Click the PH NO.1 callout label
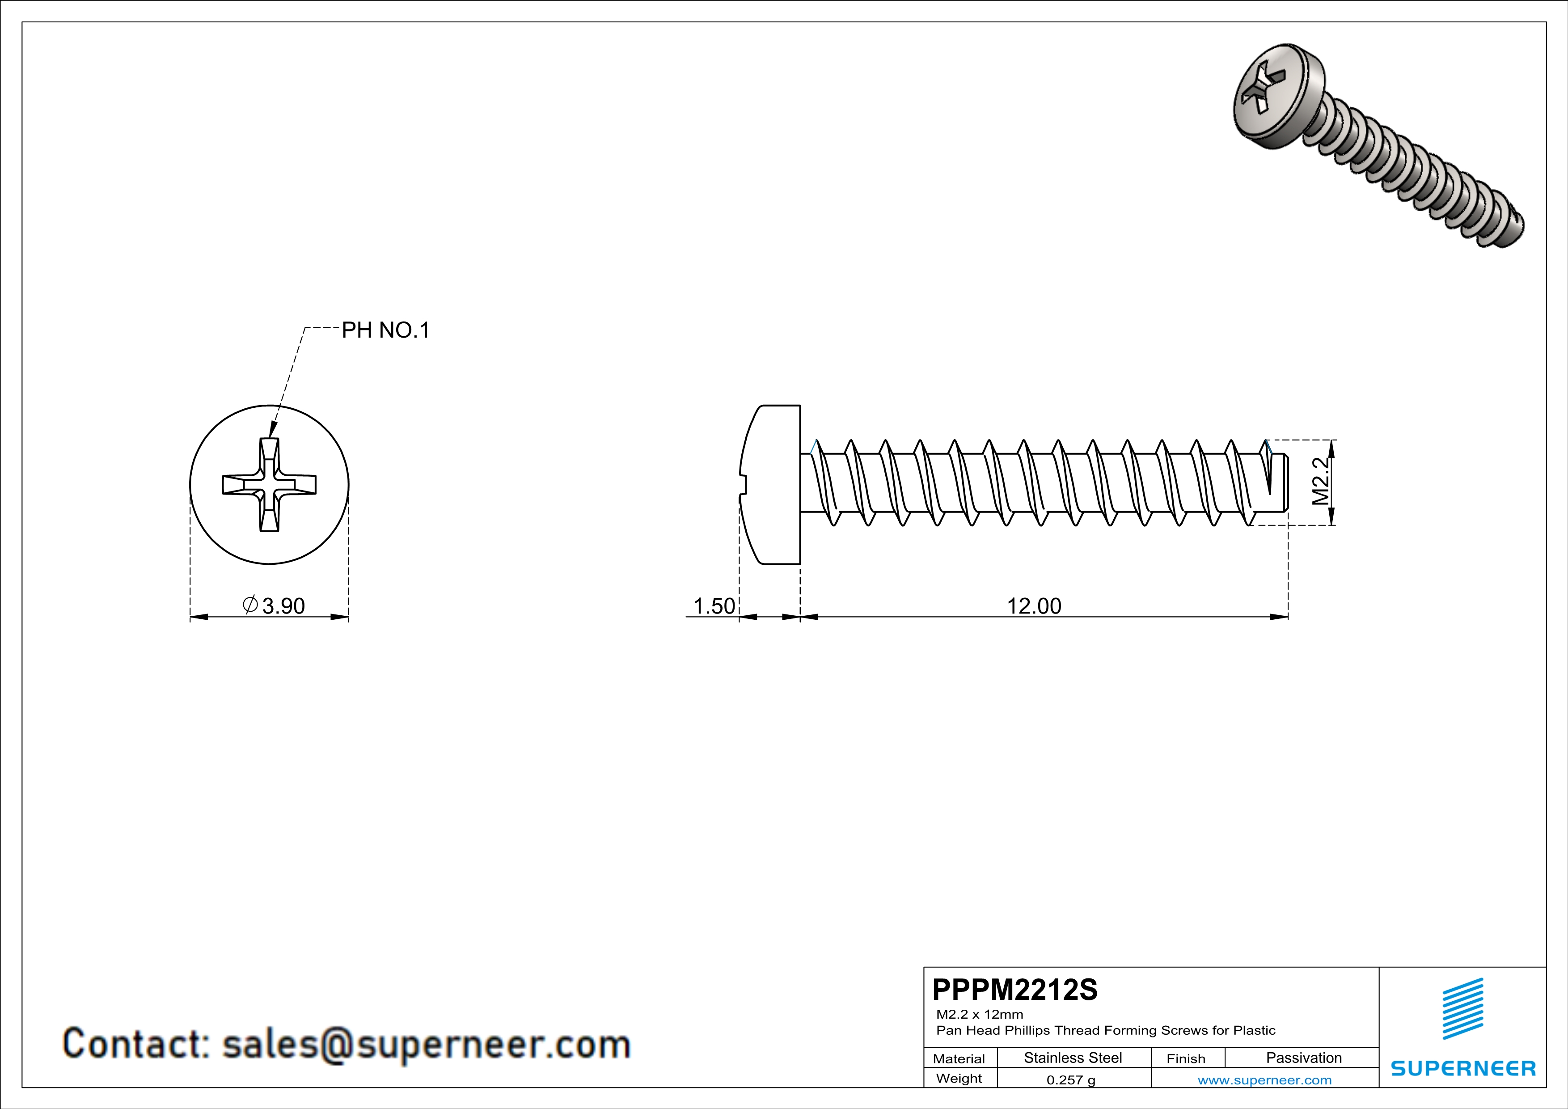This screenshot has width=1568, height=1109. tap(385, 330)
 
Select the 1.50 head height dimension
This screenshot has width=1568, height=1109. tap(714, 606)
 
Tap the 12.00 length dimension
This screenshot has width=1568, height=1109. tap(1034, 606)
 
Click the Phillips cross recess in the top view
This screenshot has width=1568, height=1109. tap(269, 485)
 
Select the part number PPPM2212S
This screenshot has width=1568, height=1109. tap(1015, 990)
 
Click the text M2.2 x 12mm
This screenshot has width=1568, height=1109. tap(979, 1014)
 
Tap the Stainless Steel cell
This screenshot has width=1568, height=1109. tap(1073, 1058)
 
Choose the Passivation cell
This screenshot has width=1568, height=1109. tap(1304, 1058)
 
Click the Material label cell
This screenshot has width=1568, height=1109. tap(959, 1058)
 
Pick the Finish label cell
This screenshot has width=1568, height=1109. tap(1186, 1058)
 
